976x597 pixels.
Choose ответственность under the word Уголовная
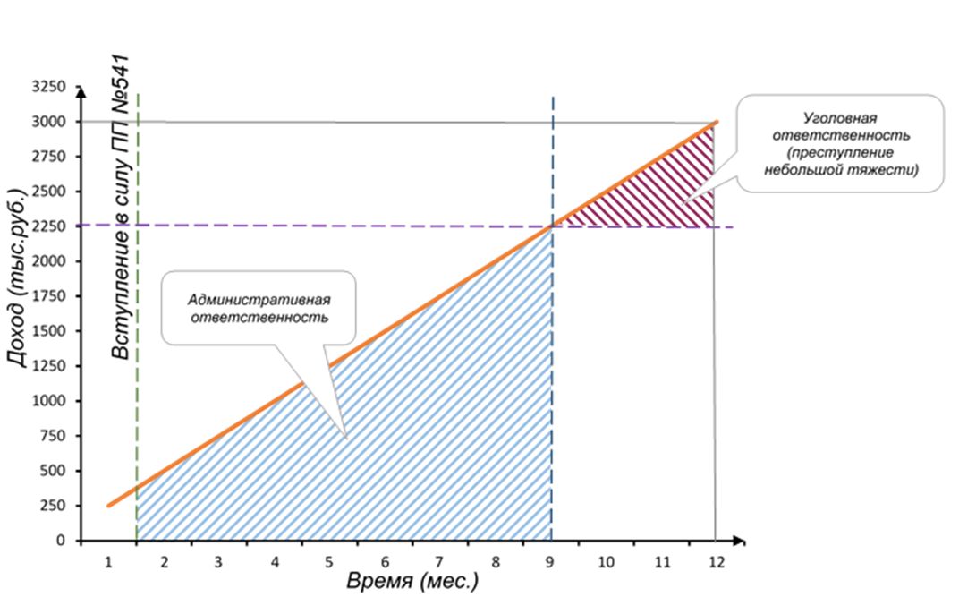click(840, 135)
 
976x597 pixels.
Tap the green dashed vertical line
click(138, 269)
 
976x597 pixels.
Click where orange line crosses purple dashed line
click(553, 226)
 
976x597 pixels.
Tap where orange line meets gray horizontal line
click(716, 122)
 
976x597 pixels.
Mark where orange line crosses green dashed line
click(138, 487)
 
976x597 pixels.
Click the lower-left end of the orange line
click(108, 507)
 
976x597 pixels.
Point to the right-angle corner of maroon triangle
click(714, 226)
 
